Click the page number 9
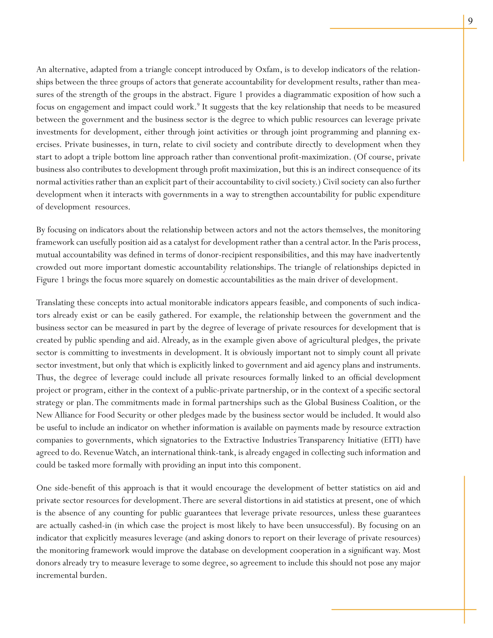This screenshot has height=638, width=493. (x=470, y=21)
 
